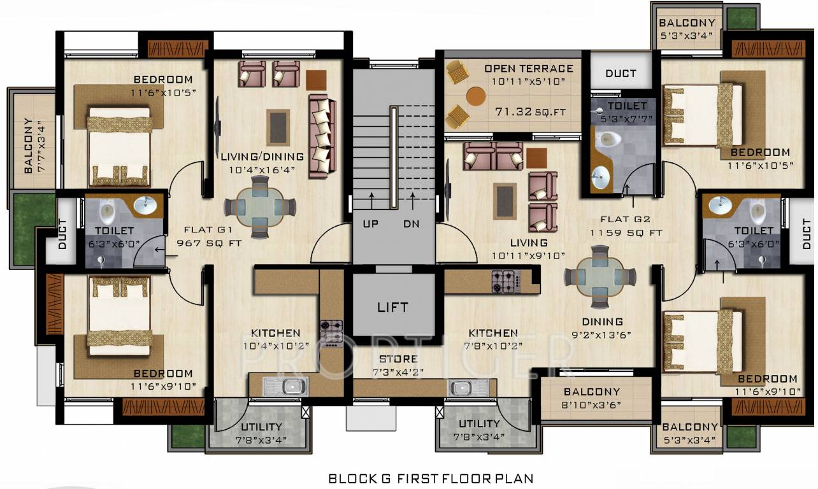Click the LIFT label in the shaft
[392, 307]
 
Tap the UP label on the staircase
[370, 224]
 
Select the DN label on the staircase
[412, 224]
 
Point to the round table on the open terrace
[476, 96]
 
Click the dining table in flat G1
[259, 206]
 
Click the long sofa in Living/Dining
[322, 135]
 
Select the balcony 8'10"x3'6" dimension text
[591, 404]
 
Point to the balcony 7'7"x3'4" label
[28, 146]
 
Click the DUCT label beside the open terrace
[621, 73]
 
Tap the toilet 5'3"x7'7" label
[627, 111]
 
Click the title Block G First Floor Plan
[431, 478]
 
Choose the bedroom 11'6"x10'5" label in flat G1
[162, 85]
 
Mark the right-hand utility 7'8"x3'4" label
[479, 430]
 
